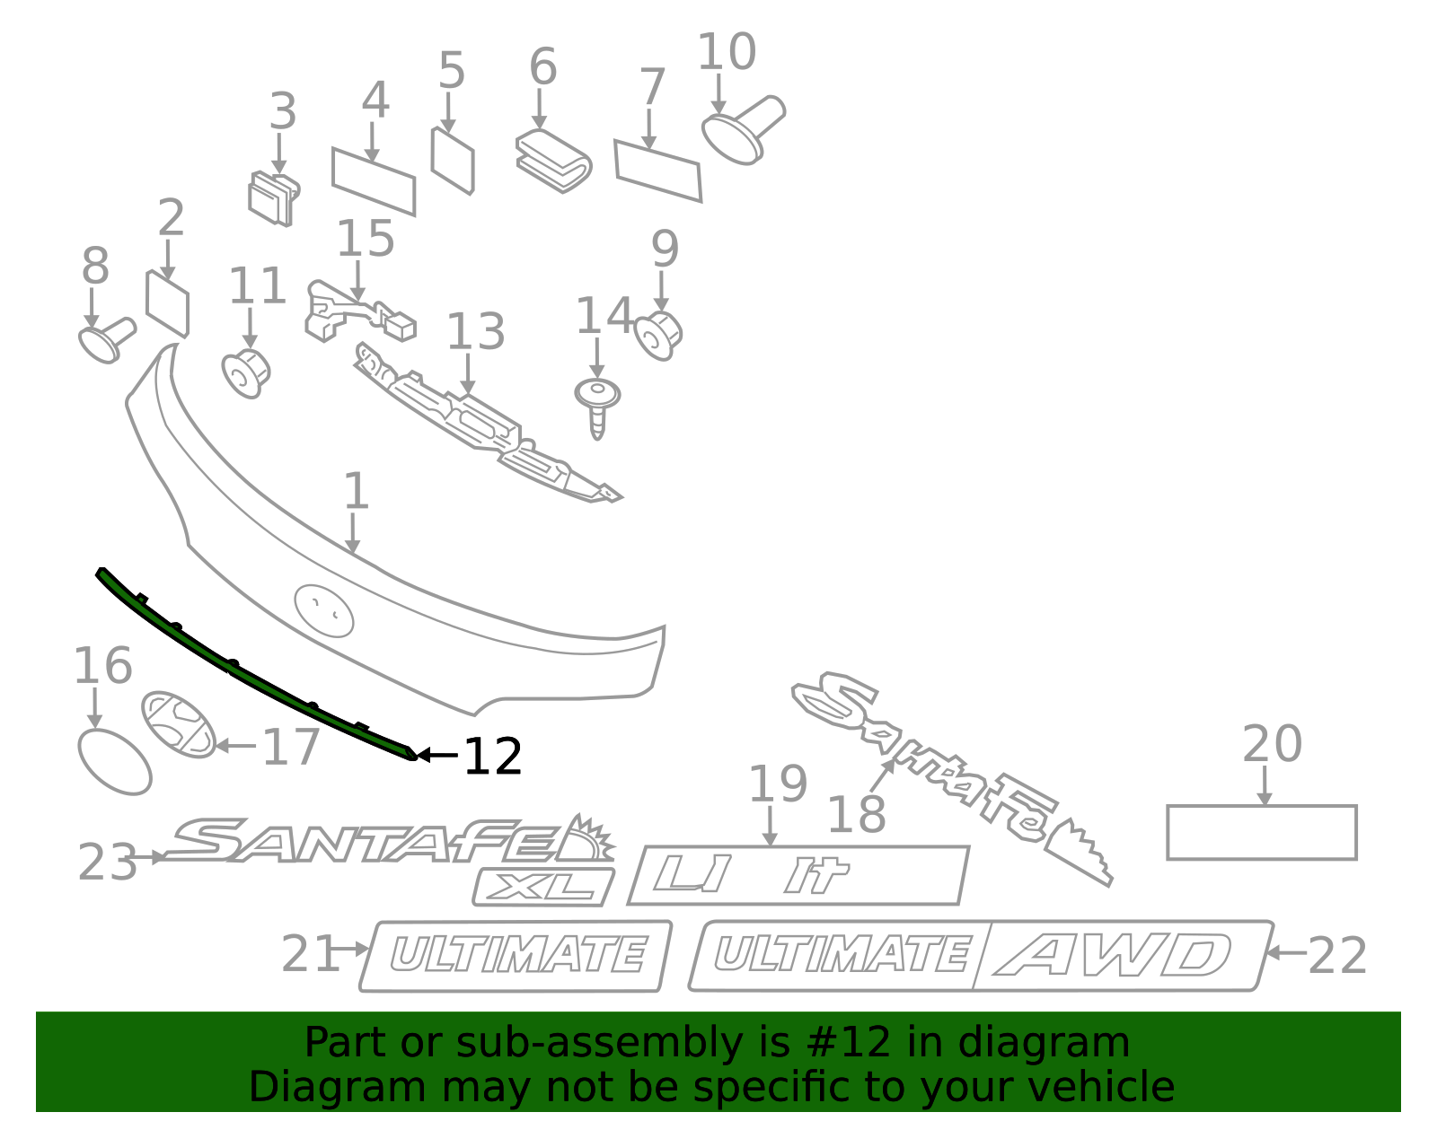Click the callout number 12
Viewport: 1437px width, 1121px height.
[493, 757]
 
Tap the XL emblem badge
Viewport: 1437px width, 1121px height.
[543, 887]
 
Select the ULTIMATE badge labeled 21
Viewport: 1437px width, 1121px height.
[516, 956]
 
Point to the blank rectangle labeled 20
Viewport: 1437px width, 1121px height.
[1261, 832]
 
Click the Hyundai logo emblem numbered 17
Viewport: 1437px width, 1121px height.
[179, 723]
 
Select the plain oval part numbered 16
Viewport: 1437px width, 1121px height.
[115, 762]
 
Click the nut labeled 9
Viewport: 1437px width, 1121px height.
[658, 335]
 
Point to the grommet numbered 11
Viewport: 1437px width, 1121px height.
[246, 373]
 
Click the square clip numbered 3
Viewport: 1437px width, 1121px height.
[273, 199]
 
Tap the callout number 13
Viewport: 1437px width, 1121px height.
[475, 333]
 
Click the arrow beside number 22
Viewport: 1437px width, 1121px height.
[1285, 952]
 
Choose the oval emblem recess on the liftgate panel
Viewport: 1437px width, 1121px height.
[324, 611]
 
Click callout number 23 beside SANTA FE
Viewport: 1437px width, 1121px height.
[107, 863]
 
